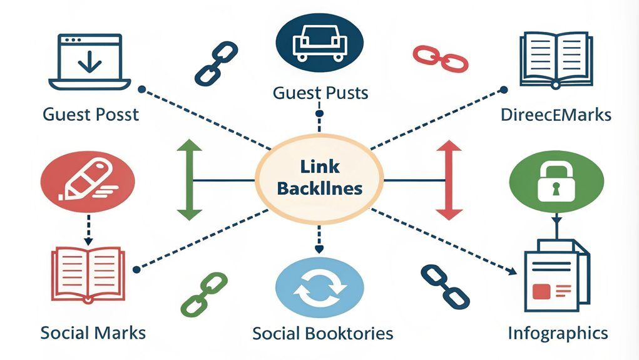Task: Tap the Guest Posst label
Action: pos(91,115)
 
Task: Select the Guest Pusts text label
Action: pos(320,93)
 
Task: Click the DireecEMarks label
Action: pos(556,115)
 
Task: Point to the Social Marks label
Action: pos(93,332)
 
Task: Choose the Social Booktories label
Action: pos(322,333)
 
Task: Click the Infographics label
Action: pos(558,332)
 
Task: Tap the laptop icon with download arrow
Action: pos(90,62)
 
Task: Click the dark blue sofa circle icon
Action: pos(320,43)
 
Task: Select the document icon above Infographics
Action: pos(556,274)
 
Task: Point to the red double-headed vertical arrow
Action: pos(448,180)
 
